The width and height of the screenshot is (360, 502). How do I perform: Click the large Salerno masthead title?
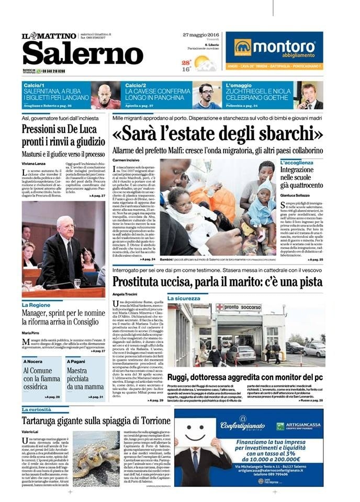tap(75, 54)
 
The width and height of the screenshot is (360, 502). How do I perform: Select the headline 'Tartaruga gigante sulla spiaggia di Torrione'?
tap(96, 421)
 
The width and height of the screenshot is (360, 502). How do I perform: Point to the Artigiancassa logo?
tap(296, 426)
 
